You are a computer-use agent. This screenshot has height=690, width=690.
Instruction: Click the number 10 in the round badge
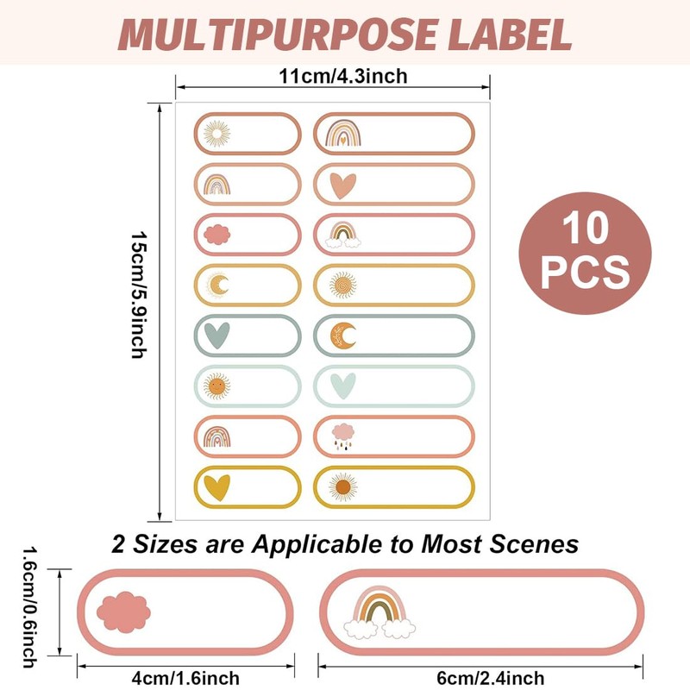586,231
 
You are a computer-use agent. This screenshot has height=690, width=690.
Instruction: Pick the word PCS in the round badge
586,272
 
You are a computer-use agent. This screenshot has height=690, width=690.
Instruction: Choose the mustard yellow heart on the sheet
216,487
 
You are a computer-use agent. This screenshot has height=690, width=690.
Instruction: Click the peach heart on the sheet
343,185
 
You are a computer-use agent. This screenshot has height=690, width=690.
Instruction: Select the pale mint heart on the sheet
343,385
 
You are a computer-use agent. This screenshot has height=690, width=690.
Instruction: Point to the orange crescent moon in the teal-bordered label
344,336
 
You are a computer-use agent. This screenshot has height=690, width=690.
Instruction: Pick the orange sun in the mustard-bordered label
343,487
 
